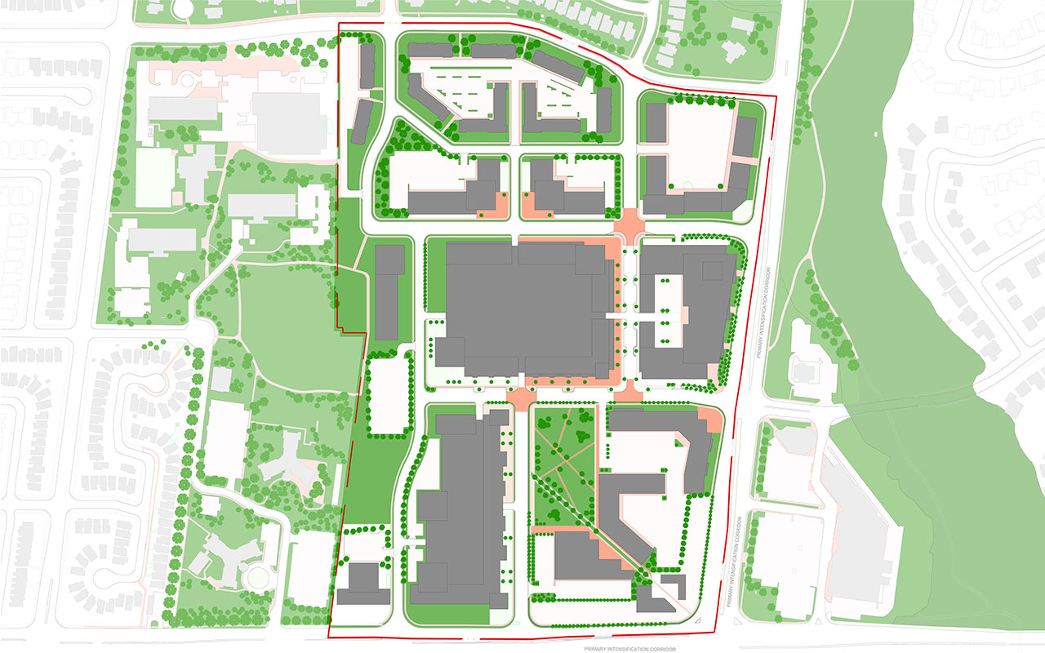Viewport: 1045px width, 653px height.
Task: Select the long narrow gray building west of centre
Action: pyautogui.click(x=388, y=292)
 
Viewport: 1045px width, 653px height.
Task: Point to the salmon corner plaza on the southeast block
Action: pyautogui.click(x=713, y=421)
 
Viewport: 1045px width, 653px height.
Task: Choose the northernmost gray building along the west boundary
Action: pyautogui.click(x=367, y=66)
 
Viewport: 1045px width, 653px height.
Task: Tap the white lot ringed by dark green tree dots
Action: pyautogui.click(x=388, y=397)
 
